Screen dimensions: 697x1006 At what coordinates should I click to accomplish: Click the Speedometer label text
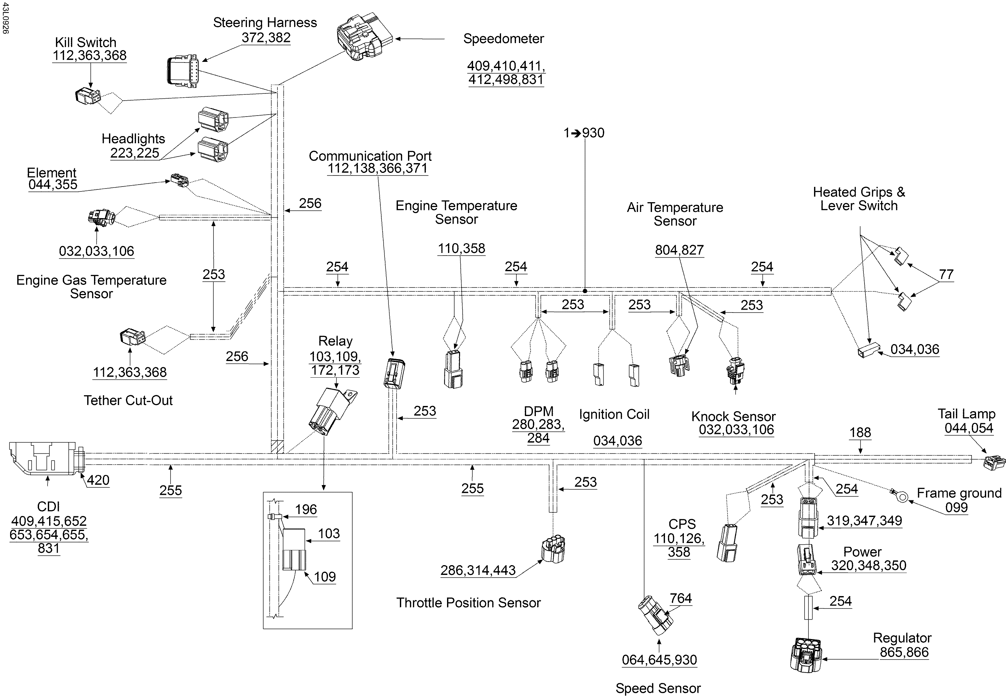503,39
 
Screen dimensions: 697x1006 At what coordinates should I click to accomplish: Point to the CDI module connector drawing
44,459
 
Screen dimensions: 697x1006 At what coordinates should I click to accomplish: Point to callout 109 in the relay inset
325,577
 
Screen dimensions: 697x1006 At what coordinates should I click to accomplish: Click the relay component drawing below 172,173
333,411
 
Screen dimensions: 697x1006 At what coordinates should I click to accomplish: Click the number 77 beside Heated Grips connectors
946,275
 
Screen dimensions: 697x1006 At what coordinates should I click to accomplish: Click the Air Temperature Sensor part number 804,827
679,250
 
